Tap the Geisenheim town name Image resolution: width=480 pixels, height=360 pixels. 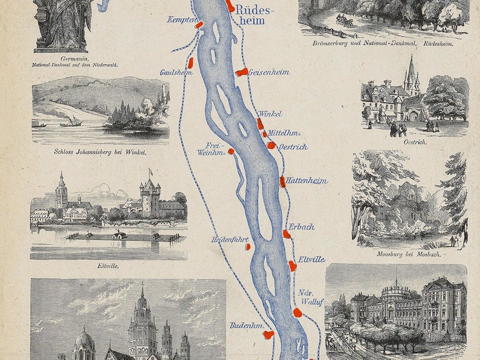(x=268, y=72)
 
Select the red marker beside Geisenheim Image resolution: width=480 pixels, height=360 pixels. (x=242, y=72)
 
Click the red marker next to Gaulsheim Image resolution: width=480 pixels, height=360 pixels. (x=190, y=62)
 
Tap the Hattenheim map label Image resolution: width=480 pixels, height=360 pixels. (x=306, y=181)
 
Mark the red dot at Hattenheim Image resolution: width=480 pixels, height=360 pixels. (x=282, y=181)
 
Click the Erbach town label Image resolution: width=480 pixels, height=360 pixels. (x=301, y=227)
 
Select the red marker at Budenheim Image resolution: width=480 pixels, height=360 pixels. (x=268, y=333)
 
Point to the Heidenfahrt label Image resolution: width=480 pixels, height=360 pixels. (x=230, y=239)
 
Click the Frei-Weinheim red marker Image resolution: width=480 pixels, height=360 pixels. (x=231, y=151)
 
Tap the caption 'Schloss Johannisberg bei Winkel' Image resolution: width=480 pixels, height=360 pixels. (x=100, y=152)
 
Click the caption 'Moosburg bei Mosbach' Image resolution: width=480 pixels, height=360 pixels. (x=409, y=254)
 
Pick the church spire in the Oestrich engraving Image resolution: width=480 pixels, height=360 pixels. (x=412, y=69)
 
